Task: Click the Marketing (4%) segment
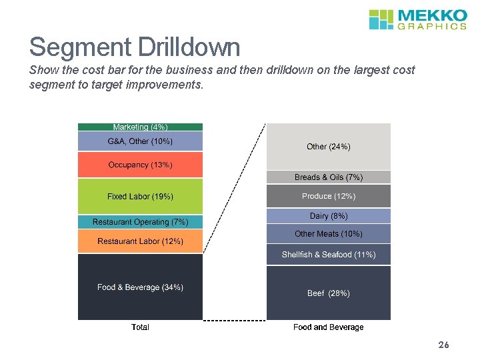click(140, 127)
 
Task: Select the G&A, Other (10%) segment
click(140, 141)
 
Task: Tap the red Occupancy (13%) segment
click(140, 165)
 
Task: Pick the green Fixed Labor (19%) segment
click(140, 197)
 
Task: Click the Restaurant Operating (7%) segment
click(140, 222)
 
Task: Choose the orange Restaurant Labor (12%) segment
click(140, 241)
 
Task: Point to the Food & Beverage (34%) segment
click(140, 287)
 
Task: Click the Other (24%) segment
click(328, 147)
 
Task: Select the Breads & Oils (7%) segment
click(328, 177)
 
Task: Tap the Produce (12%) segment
click(328, 196)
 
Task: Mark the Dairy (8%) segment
click(328, 216)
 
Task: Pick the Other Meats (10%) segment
click(328, 234)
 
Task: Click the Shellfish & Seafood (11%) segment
click(328, 255)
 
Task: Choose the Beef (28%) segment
click(328, 293)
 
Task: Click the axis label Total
click(140, 327)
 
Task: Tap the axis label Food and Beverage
click(328, 327)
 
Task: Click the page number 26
click(444, 345)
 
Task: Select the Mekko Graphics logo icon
click(382, 19)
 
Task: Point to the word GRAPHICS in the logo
click(431, 27)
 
